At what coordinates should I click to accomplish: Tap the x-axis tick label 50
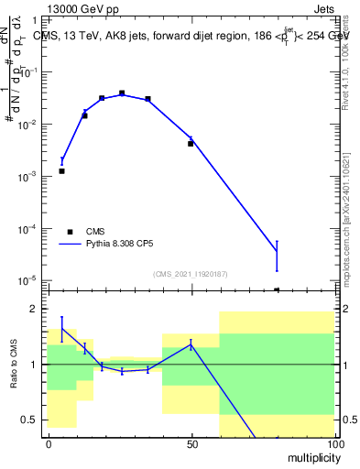pos(191,443)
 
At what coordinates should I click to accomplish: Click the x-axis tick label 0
pos(48,443)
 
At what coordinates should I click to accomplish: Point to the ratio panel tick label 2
pos(34,310)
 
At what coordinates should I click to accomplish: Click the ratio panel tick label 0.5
pos(30,420)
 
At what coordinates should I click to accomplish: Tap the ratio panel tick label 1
pos(34,365)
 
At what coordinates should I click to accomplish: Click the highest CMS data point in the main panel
pos(122,93)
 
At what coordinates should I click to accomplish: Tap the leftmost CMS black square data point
pos(61,170)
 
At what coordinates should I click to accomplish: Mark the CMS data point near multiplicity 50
pos(191,143)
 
